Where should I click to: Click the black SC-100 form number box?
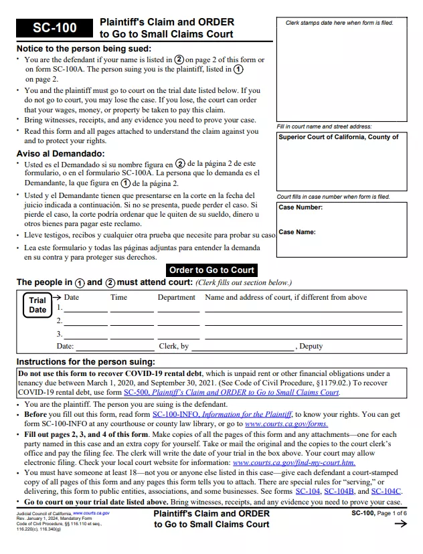[x=55, y=27]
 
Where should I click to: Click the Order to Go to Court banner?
[x=211, y=270]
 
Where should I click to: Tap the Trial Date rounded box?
[x=37, y=305]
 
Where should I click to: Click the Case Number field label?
[x=301, y=207]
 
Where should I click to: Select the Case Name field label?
[x=297, y=232]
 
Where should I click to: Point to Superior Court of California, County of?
[x=339, y=137]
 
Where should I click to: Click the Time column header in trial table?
[x=118, y=297]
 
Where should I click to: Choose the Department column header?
[x=177, y=297]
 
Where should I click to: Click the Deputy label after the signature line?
[x=311, y=346]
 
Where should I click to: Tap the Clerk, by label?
[x=174, y=346]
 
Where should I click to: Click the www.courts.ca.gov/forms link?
[x=286, y=424]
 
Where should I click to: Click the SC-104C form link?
[x=386, y=491]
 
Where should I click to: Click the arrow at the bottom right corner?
[x=401, y=525]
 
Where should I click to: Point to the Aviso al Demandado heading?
[x=60, y=153]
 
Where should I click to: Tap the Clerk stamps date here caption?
[x=339, y=23]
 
